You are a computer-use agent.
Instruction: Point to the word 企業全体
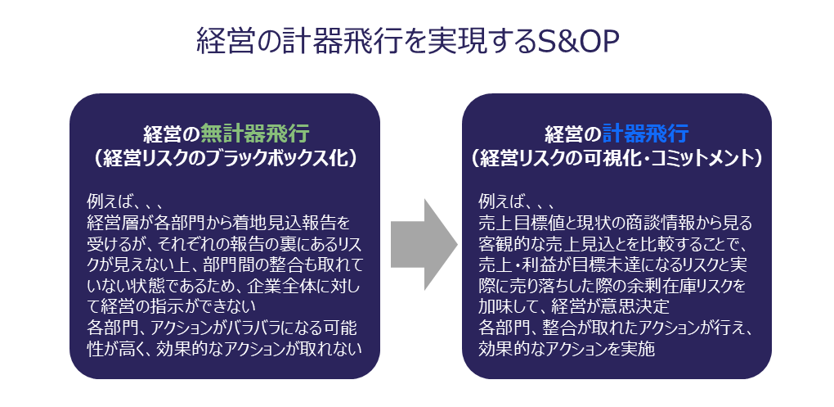pyautogui.click(x=275, y=286)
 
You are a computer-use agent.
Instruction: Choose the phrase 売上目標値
pyautogui.click(x=523, y=222)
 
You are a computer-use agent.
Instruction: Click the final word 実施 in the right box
pyautogui.click(x=643, y=350)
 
